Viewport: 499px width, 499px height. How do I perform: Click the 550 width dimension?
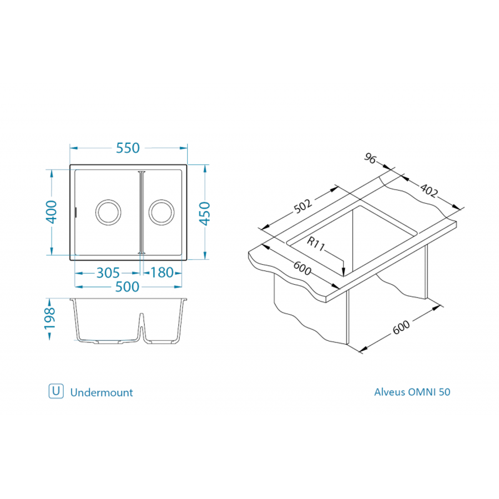[128, 148]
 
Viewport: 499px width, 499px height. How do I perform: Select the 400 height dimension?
[51, 211]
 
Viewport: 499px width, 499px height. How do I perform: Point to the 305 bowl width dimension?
[108, 273]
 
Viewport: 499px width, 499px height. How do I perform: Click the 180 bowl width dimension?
[163, 273]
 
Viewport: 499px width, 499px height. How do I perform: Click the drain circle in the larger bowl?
[108, 211]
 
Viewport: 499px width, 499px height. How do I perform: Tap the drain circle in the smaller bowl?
[161, 211]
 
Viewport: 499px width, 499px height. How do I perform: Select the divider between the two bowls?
[142, 211]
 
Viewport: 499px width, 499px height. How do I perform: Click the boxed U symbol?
[56, 391]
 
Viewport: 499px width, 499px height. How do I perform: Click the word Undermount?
[102, 392]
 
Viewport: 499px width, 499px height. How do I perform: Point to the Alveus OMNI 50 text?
[412, 392]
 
